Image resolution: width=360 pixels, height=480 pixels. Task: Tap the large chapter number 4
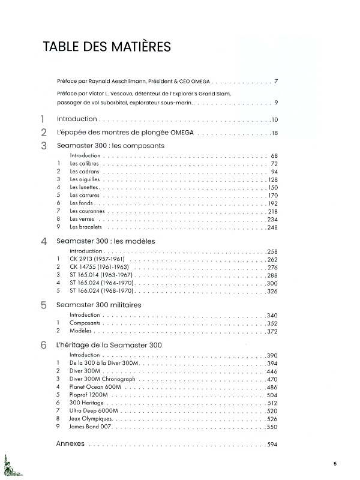pos(43,242)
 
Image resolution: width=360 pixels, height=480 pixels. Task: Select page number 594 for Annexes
pos(274,445)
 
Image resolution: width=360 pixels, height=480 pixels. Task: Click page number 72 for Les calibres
pos(274,164)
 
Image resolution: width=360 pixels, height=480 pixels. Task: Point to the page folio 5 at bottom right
pos(335,463)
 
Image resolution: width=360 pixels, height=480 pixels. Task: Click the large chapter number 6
pos(43,346)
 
